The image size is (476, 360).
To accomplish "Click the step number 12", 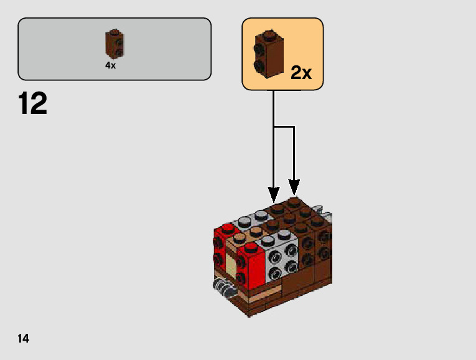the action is [33, 103].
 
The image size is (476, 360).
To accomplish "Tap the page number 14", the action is [24, 339].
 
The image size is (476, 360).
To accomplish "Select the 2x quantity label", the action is [301, 73].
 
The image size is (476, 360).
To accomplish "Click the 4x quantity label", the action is [110, 65].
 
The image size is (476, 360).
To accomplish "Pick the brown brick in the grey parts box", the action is [112, 44].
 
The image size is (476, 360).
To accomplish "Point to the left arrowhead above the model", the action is [274, 187].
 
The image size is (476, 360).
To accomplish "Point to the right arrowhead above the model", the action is [294, 186].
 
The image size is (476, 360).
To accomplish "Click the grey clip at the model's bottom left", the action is [222, 287].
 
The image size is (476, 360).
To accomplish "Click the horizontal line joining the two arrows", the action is [284, 127].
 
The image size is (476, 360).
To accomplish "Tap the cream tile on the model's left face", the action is [230, 265].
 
